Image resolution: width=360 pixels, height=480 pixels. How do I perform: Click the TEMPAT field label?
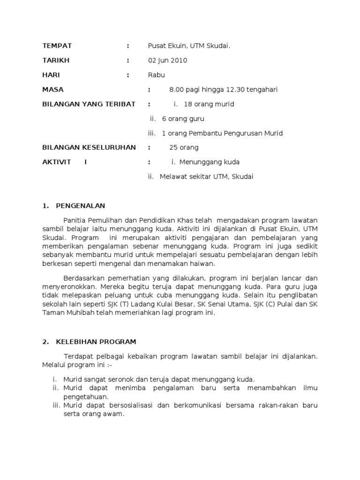point(57,45)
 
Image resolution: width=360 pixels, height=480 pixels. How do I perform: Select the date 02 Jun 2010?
point(167,60)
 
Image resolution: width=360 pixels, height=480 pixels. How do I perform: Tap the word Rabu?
point(156,75)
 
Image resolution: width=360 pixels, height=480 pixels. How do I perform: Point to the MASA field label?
point(53,90)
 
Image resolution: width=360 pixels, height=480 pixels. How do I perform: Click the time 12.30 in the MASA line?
point(237,90)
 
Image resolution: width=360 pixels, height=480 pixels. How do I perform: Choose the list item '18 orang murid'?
point(209,104)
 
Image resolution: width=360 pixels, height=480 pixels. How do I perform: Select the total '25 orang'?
point(184,148)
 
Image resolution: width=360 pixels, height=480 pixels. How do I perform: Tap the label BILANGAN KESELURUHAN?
point(89,148)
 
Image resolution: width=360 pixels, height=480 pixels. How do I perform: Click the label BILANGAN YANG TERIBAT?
point(89,104)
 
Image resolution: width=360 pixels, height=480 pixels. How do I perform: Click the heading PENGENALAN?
point(81,206)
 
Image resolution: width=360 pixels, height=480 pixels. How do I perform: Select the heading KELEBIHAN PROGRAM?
point(96,342)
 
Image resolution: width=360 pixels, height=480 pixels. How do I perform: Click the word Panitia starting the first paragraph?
point(74,220)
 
